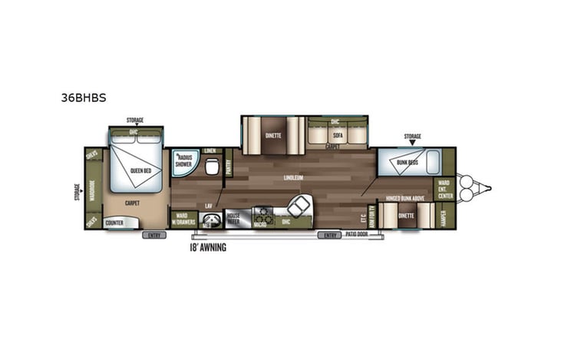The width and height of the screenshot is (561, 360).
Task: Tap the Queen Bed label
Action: pyautogui.click(x=139, y=171)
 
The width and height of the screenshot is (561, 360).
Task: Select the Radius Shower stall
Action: pyautogui.click(x=183, y=162)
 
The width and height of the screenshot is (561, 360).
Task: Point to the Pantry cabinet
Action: pyautogui.click(x=229, y=163)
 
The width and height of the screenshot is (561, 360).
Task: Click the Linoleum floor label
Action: pyautogui.click(x=294, y=178)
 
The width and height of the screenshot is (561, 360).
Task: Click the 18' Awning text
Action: pyautogui.click(x=208, y=247)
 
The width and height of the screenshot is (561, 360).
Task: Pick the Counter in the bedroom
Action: pyautogui.click(x=114, y=223)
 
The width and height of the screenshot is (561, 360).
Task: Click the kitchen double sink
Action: pyautogui.click(x=299, y=205)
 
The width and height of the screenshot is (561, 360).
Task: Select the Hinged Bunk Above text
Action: pyautogui.click(x=405, y=197)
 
